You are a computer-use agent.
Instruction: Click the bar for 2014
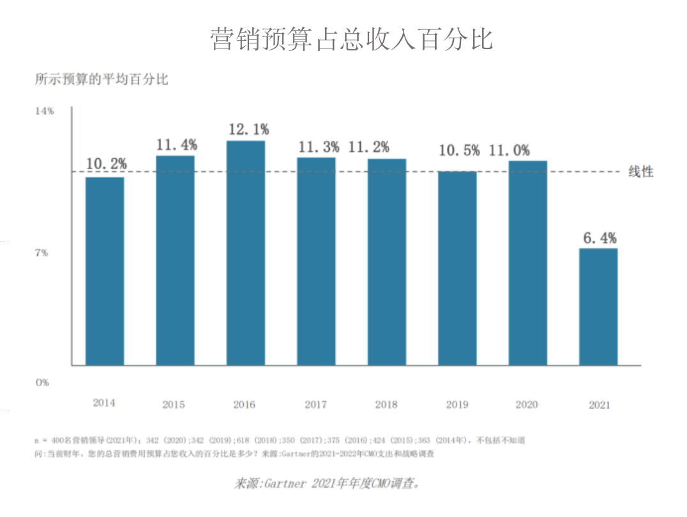[105, 271]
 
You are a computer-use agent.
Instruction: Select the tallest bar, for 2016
[246, 253]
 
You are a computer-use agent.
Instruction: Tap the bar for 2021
[598, 306]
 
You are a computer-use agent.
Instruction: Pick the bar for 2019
[457, 268]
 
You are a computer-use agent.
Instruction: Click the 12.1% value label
[248, 130]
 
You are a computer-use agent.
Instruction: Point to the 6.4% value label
[600, 238]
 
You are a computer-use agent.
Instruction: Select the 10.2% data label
[107, 163]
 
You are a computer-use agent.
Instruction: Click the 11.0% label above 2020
[510, 151]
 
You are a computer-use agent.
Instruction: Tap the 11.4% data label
[177, 145]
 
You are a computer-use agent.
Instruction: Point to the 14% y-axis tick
[44, 110]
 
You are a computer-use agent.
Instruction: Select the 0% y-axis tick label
[42, 382]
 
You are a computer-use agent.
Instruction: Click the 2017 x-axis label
[315, 404]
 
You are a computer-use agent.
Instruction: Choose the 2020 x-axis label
[527, 404]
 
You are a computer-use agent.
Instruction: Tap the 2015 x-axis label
[174, 404]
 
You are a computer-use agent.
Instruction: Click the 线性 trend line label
[640, 172]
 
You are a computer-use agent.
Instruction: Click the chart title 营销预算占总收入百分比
[352, 39]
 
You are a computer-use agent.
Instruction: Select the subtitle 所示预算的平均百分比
[102, 80]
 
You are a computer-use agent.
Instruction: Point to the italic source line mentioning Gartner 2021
[326, 483]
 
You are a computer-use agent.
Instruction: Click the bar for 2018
[387, 262]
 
